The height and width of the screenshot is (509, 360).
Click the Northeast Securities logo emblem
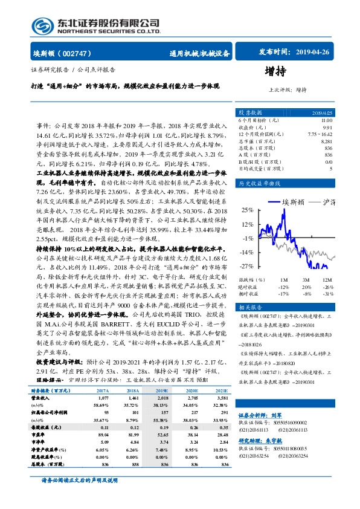point(43,25)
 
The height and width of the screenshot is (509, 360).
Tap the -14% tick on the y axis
point(246,252)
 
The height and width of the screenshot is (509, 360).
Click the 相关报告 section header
point(250,306)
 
